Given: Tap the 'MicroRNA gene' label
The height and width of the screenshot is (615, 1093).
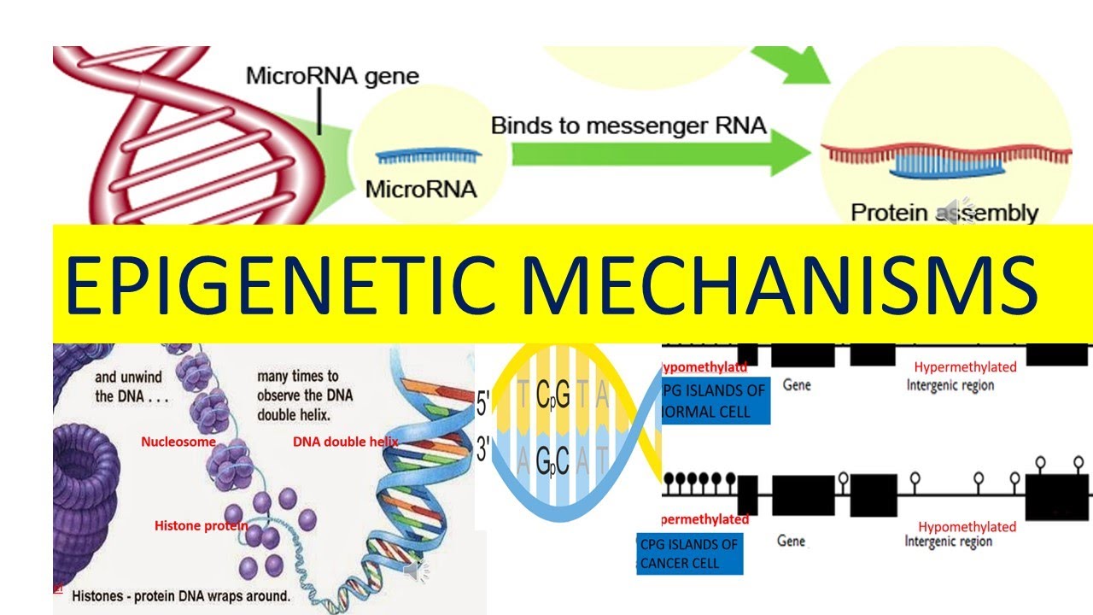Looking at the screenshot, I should coord(332,76).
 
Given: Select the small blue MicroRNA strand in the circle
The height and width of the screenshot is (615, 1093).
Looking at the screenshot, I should coord(428,156).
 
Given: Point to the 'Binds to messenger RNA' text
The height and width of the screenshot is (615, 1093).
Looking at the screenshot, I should coord(628,126).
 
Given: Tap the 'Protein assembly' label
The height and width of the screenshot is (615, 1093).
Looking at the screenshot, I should coord(944,213).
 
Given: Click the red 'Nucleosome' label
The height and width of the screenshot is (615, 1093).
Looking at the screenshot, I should coord(178,442).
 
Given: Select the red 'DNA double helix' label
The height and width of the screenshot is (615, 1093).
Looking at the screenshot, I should coord(345,442).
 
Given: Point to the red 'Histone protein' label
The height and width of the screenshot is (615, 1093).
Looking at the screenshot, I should coord(201,525).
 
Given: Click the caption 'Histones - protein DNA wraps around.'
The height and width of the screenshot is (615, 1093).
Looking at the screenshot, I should coord(181,594).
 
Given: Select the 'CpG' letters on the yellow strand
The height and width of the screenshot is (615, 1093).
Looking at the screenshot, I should coord(552,396).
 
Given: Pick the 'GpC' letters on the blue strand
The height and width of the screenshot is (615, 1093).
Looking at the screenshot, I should coord(552,461).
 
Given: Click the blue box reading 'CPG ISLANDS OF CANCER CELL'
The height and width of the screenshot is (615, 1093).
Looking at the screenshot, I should coord(690,553).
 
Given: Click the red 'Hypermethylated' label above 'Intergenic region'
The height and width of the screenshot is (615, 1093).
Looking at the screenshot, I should coord(965,367).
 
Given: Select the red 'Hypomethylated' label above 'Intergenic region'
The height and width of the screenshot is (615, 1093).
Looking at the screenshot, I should coord(967,527).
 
